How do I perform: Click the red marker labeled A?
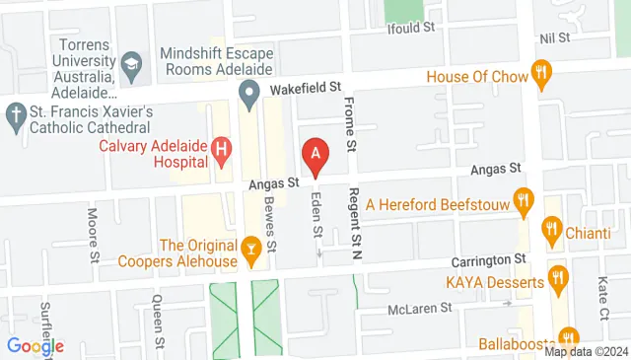(315, 155)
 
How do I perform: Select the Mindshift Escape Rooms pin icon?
(249, 96)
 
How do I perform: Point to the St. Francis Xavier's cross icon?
(15, 114)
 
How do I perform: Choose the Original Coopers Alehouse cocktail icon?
(252, 251)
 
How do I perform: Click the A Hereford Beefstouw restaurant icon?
(525, 199)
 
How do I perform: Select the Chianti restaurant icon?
(551, 233)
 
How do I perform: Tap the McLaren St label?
(418, 307)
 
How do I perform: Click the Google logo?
(35, 346)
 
